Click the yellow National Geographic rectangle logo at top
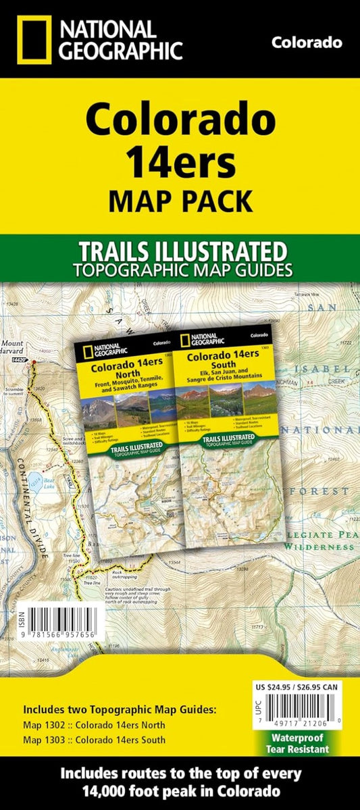coord(31,39)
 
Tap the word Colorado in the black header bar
coord(306,43)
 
